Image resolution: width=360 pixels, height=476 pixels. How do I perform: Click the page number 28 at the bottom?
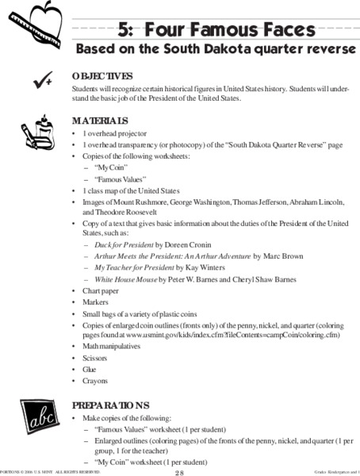(x=180, y=472)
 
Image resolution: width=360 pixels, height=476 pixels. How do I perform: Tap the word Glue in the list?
(x=90, y=369)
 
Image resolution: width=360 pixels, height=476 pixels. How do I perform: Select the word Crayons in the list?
(x=95, y=380)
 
